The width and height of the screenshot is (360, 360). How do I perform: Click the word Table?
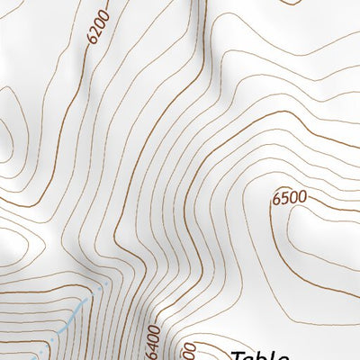pos(260,355)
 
